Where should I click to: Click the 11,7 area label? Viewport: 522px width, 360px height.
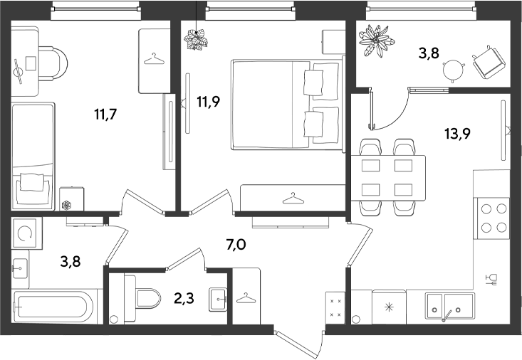105,115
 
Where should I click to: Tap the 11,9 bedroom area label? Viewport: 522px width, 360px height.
209,102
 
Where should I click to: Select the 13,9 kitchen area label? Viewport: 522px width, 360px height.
457,134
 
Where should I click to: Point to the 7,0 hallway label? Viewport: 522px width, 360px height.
236,245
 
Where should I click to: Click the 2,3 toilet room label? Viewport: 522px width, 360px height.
184,298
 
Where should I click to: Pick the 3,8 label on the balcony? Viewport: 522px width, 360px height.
429,53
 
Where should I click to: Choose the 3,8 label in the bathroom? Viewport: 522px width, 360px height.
71,262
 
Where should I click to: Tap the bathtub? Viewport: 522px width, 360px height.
54,307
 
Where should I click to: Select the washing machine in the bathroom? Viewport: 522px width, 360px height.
27,233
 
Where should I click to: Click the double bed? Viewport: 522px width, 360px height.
288,104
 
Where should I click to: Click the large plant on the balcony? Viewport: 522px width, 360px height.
376,41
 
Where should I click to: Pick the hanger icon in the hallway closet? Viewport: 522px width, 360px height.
246,298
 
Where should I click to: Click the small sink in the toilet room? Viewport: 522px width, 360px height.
218,300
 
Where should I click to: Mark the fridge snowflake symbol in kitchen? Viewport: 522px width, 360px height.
389,307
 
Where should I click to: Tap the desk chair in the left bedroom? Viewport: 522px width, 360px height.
53,63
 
